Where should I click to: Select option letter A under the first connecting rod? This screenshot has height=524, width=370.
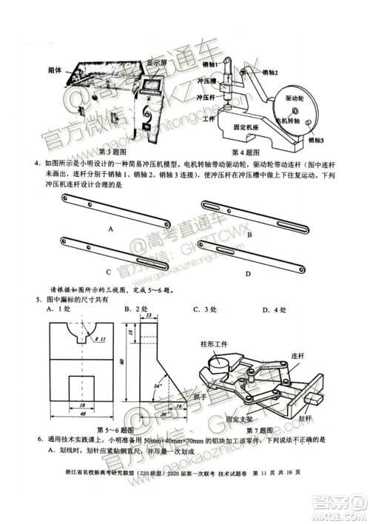tap(110, 230)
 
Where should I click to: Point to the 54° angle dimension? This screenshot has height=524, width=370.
tap(157, 386)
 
